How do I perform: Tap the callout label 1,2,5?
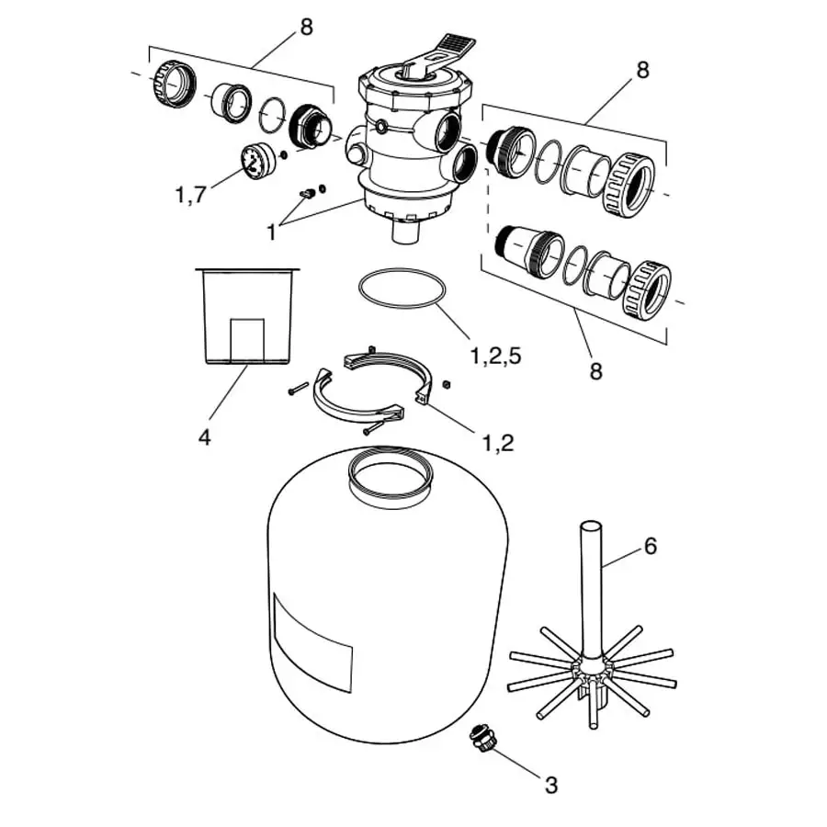[x=495, y=357]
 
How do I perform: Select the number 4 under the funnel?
[x=204, y=438]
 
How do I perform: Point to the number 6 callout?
[x=650, y=546]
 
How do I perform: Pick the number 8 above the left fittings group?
[x=305, y=27]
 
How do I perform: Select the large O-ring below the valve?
[x=401, y=289]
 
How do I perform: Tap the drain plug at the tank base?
[x=480, y=739]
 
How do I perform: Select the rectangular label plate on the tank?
[x=312, y=641]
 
